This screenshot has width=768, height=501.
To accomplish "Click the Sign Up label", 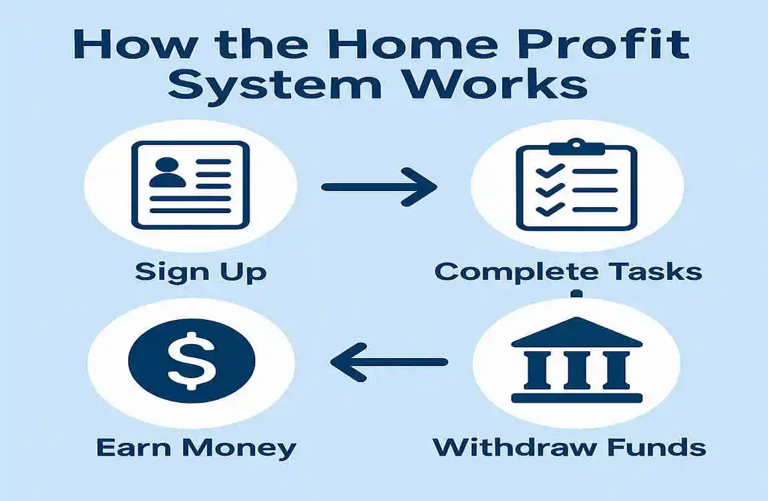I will pos(200,272).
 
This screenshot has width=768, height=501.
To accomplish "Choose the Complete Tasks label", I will pos(568,272).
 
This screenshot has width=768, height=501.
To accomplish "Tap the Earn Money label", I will pos(196,447).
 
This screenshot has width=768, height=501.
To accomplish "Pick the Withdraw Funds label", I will pos(569,447).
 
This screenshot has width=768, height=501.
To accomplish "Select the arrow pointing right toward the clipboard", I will pos(379,188).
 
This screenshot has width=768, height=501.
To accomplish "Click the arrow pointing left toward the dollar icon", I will pos(390,363).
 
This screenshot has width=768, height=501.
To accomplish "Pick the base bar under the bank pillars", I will pos(576,398).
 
